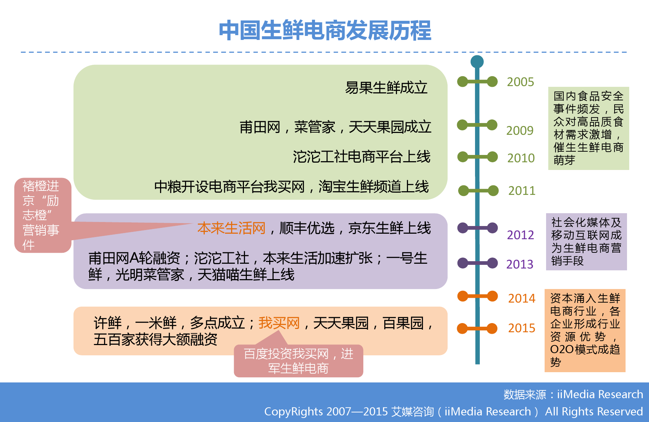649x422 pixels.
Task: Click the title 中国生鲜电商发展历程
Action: pos(325,30)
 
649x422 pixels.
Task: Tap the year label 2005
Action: pos(520,82)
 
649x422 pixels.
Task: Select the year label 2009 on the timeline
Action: pos(520,130)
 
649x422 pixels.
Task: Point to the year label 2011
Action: pos(522,190)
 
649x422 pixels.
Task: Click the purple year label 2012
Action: pos(520,235)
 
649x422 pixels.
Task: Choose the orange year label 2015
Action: pos(522,328)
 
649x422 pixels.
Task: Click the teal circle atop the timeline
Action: pos(477,62)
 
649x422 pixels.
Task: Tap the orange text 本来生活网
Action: pos(231,228)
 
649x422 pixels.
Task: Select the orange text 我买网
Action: pos(279,323)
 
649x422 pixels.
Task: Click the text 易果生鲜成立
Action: pos(386,88)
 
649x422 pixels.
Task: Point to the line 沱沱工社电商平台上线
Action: pos(361,157)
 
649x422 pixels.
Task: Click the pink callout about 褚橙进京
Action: pos(43,215)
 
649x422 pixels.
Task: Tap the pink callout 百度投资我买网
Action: pos(298,361)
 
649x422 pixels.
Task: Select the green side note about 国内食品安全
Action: pos(589,128)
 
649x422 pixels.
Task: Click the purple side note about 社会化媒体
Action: pos(586,242)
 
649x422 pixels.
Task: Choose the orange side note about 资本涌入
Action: pos(585,330)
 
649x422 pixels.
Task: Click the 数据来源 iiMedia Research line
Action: pos(573,395)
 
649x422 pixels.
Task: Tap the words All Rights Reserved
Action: pos(594,412)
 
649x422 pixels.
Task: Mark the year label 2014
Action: pos(522,298)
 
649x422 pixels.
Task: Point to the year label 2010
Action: pos(521,158)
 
